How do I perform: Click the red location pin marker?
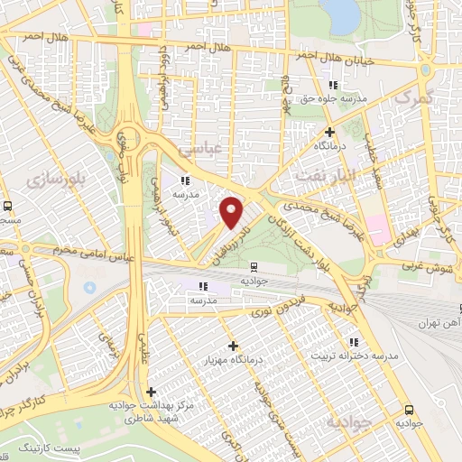click(233, 212)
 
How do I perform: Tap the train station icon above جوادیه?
click(254, 266)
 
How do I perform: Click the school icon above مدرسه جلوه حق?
click(332, 85)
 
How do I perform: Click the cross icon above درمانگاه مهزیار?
click(233, 346)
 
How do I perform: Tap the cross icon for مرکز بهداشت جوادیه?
click(151, 393)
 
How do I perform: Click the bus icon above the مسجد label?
click(6, 206)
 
